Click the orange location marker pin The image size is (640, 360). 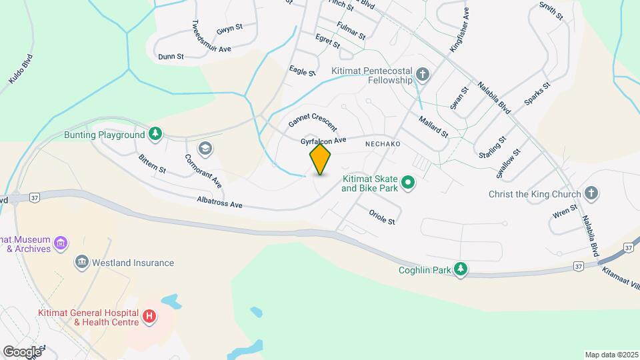tap(320, 159)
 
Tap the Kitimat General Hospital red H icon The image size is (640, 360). tap(149, 315)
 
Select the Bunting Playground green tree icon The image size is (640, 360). tap(155, 134)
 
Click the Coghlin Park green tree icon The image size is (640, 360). tap(460, 269)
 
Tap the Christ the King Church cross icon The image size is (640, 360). tap(590, 193)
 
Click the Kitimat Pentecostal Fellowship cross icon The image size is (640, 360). tap(423, 74)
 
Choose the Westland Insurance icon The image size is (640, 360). tap(82, 262)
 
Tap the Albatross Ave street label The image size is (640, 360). tap(219, 202)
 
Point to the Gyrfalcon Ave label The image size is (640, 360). tap(323, 141)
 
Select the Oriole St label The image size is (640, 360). tap(382, 216)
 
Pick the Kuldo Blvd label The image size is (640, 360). tap(21, 69)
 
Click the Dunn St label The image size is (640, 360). tap(171, 57)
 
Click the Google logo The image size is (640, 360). tap(22, 351)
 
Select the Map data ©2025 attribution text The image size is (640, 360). tap(610, 355)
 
